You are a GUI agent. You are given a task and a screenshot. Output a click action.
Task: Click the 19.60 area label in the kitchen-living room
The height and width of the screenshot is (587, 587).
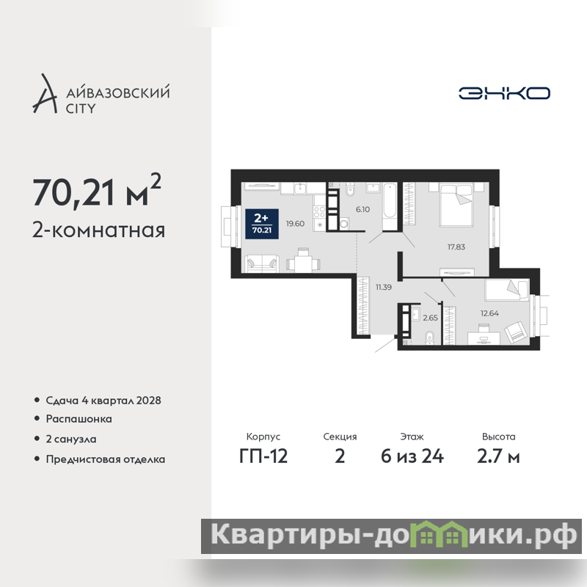pos(295,224)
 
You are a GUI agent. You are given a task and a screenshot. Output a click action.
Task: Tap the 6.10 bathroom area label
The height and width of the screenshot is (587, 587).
pos(362,209)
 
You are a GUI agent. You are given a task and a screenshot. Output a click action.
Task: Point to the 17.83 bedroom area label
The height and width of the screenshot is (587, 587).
pos(456,247)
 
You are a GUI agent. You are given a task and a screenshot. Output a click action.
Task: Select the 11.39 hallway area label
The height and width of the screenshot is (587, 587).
pos(383,287)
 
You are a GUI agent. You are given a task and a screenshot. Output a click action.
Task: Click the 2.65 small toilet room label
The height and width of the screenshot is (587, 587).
pos(430,318)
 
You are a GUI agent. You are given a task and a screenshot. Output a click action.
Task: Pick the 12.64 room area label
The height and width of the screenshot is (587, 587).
pos(489,313)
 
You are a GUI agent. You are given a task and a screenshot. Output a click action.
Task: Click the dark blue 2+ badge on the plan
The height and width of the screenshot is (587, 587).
pos(262,224)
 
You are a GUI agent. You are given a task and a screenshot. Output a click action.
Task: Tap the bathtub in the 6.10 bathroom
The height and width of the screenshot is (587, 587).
pos(390,205)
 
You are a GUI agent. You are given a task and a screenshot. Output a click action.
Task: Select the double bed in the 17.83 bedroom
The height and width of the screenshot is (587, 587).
pos(456,205)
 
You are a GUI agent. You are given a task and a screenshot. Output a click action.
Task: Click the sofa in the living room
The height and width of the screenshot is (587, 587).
pos(262,263)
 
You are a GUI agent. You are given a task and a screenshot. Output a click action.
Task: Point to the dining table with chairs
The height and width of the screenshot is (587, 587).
pos(303,260)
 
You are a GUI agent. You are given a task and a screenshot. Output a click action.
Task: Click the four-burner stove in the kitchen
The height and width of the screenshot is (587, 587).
pos(319,212)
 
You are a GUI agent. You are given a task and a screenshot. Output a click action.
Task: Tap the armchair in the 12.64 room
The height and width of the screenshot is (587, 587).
pos(517,332)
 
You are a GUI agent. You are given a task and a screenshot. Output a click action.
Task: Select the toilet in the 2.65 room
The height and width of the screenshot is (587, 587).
pos(429,338)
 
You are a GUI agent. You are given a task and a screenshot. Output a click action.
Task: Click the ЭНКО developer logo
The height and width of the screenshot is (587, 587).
pos(504,93)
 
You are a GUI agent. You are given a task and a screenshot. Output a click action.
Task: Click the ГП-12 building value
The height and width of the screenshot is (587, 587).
pos(263,456)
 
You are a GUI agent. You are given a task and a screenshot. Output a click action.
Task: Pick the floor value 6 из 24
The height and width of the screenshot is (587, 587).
pos(412,456)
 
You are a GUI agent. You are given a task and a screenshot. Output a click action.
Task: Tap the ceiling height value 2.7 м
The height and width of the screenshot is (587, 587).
pos(498,456)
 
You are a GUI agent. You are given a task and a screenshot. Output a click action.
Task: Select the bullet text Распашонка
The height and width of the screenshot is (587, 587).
pos(79,419)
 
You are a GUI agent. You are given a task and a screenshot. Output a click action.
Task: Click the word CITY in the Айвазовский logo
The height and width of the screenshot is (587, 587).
pos(81,109)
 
